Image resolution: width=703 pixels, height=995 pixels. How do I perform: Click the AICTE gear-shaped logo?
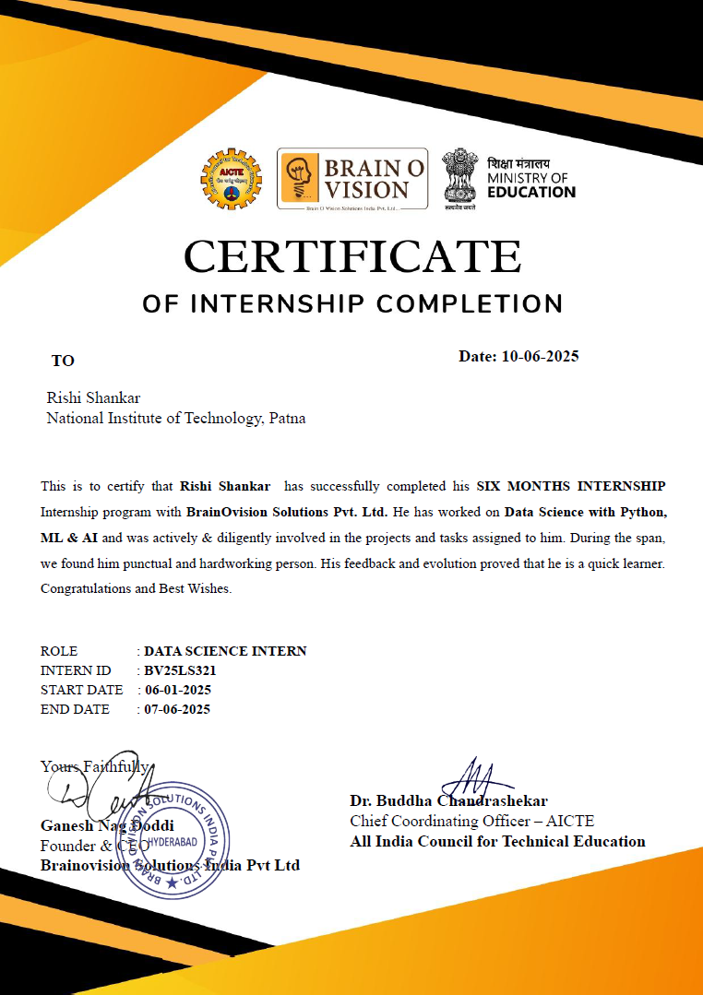click(232, 179)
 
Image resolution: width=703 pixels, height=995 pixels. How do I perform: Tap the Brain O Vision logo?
click(352, 180)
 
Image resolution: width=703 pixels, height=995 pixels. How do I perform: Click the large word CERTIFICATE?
click(352, 256)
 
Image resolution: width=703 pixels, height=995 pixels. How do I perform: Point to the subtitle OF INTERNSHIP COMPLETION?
click(352, 303)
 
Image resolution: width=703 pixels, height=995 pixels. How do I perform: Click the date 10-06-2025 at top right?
click(540, 356)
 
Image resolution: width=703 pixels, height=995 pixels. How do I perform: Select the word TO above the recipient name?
click(63, 361)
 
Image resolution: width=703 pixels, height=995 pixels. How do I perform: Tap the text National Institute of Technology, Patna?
click(176, 419)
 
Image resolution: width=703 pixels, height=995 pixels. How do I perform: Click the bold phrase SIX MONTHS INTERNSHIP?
click(570, 486)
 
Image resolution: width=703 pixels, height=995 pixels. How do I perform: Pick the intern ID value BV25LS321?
click(180, 670)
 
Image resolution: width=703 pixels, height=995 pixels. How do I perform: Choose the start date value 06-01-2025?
click(178, 690)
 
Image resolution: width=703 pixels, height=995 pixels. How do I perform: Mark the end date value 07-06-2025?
click(178, 709)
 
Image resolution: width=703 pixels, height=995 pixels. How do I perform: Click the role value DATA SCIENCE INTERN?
click(225, 651)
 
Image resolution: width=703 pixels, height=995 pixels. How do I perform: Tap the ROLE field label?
click(59, 651)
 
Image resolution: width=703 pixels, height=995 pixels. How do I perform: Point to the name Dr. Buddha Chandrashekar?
click(448, 801)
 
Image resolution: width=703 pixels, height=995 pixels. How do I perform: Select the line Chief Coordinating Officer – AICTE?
click(471, 821)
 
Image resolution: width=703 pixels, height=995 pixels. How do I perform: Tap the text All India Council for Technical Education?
click(497, 841)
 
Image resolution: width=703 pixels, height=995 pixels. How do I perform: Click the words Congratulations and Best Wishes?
click(137, 587)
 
